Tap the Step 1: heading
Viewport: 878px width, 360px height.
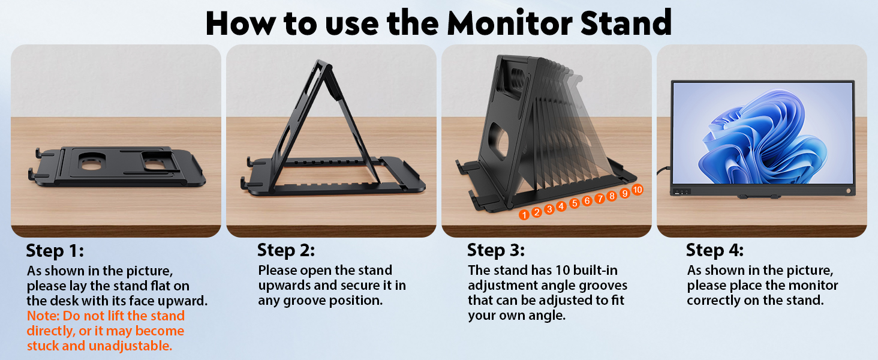55,250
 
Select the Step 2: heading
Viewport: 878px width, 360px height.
285,250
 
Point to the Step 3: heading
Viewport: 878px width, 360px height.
495,250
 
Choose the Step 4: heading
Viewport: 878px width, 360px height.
714,250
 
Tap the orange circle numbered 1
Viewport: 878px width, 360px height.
524,214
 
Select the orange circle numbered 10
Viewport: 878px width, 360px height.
637,190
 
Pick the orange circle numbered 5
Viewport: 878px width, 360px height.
574,203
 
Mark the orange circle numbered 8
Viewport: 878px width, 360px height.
612,196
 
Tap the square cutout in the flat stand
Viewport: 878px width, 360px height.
155,161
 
